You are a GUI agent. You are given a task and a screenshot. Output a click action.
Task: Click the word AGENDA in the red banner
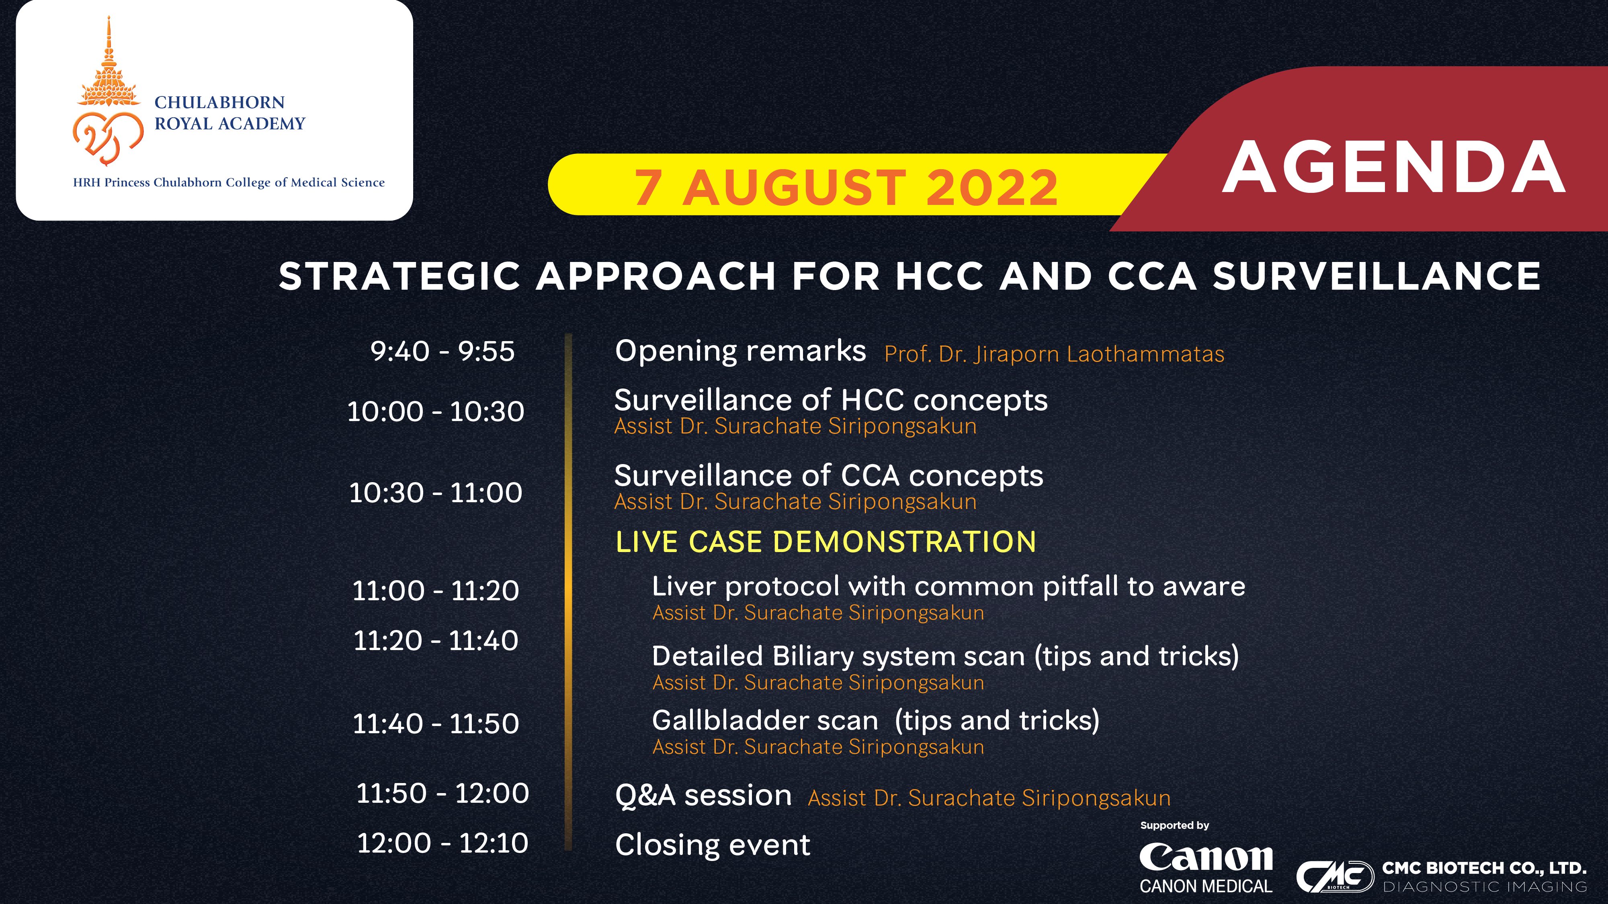(x=1393, y=167)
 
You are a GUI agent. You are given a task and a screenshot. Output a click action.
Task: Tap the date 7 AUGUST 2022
(x=846, y=187)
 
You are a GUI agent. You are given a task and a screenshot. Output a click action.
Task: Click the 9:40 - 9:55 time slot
(x=442, y=351)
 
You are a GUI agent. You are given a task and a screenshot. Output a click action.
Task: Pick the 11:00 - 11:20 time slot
(x=436, y=591)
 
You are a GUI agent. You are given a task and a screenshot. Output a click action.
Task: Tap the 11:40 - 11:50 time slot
(x=436, y=724)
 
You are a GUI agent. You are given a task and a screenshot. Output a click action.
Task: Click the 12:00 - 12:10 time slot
(x=442, y=843)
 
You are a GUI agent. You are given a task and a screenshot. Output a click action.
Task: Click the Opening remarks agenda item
(x=740, y=351)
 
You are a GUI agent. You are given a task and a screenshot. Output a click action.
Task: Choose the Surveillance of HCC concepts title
(x=831, y=400)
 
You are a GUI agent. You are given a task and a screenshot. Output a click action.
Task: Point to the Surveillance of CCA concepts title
(x=828, y=475)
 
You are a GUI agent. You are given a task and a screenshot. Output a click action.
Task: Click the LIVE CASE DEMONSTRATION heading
(x=826, y=542)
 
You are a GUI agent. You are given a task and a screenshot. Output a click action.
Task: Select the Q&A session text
(x=703, y=796)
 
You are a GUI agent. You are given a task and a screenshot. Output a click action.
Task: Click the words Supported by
(x=1174, y=825)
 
